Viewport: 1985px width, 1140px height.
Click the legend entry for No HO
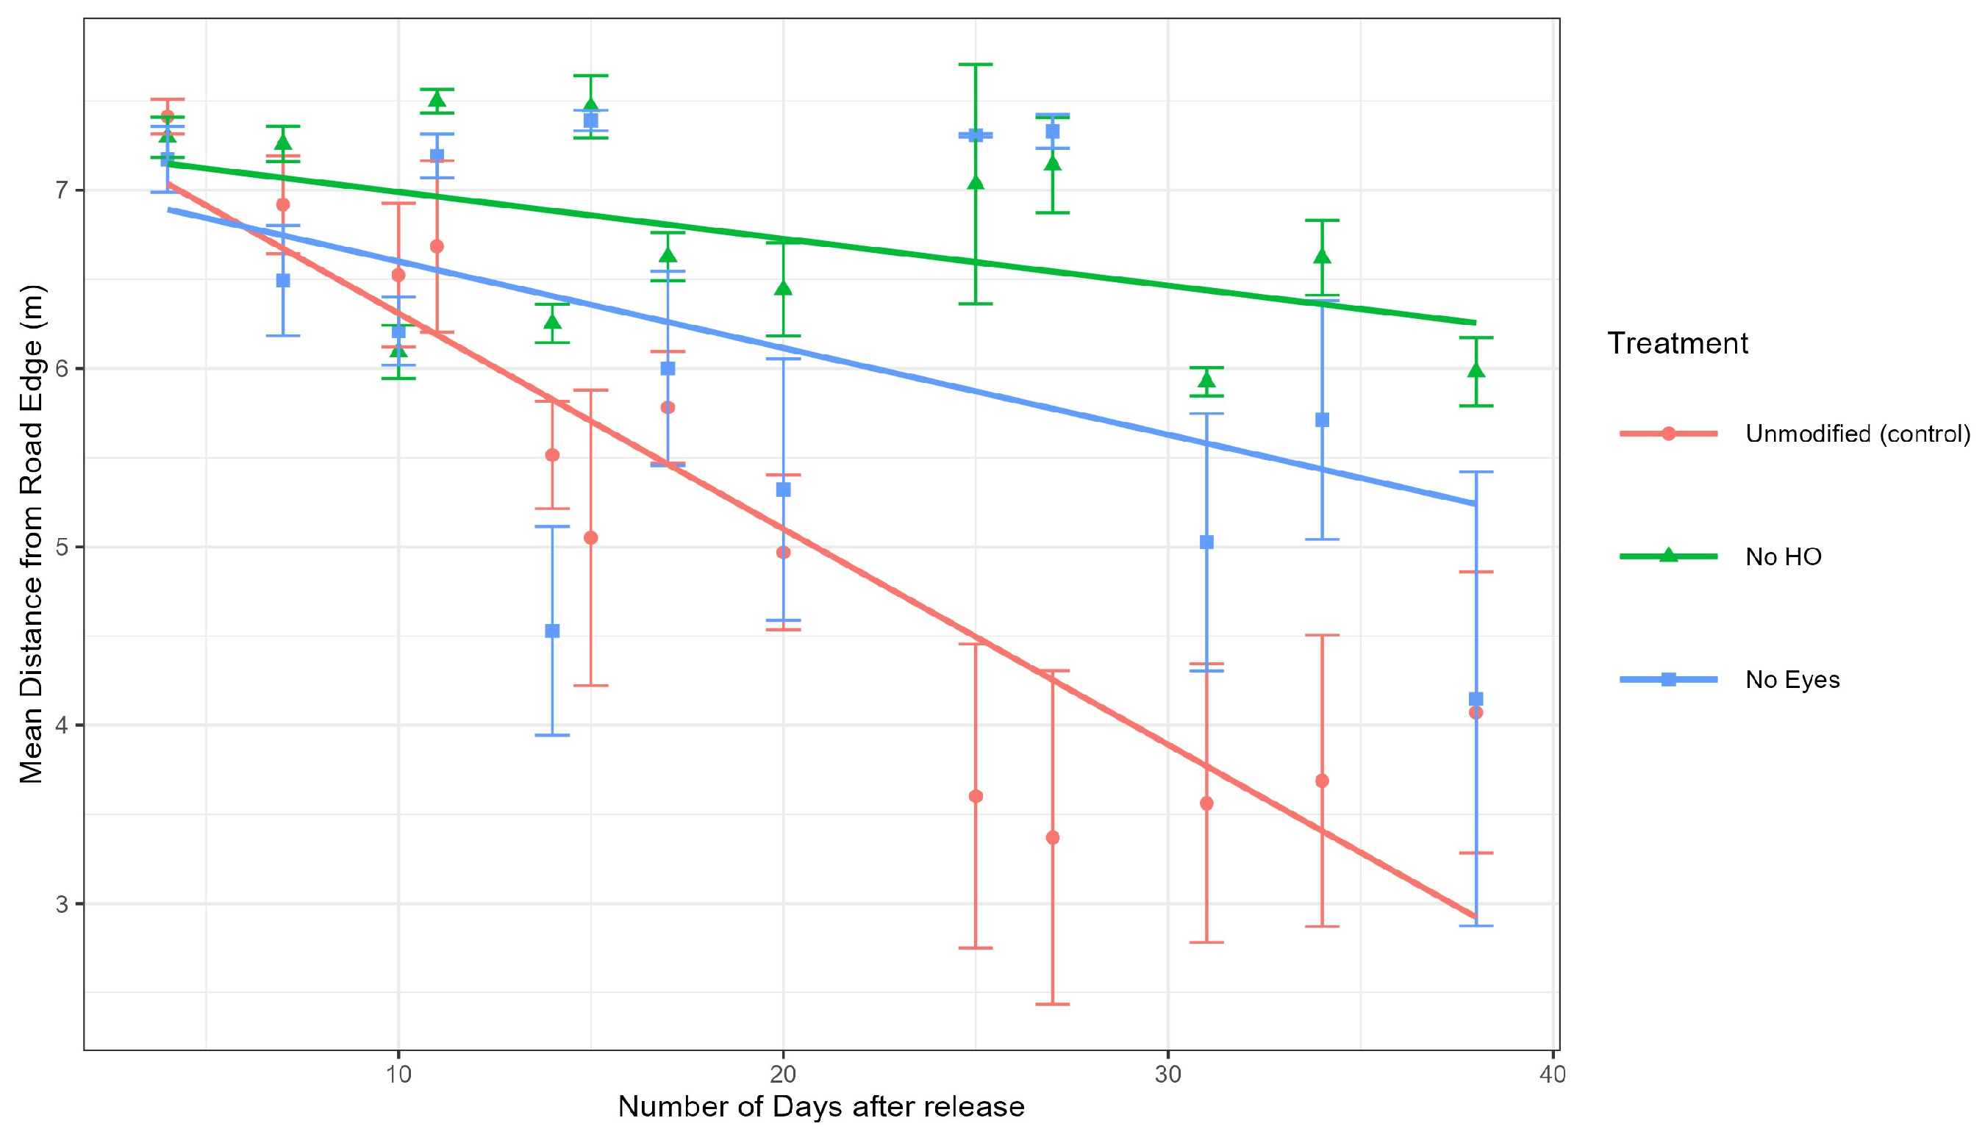coord(1783,556)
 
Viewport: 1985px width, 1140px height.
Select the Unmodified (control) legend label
coord(1857,434)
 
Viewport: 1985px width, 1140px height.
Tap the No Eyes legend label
coord(1792,680)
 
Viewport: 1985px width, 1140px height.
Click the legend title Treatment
coord(1677,344)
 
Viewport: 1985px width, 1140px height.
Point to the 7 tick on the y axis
coord(62,190)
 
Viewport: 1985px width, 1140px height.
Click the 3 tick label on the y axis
coord(62,904)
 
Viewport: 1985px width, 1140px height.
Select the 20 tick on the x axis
coord(783,1075)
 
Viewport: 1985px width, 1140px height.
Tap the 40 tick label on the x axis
coord(1552,1075)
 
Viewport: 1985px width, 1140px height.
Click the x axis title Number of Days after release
coord(820,1107)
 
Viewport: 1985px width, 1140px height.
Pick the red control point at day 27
coord(1052,838)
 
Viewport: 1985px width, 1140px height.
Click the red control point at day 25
coord(976,796)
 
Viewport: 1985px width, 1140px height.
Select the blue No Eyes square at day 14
coord(552,631)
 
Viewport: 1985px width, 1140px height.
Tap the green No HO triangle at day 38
coord(1476,371)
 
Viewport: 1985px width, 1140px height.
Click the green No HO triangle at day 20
coord(783,289)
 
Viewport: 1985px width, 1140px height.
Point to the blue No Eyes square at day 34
coord(1322,420)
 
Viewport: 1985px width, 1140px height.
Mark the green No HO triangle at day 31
coord(1206,381)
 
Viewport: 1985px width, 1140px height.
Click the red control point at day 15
coord(590,538)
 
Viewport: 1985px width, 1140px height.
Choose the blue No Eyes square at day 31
coord(1206,542)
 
